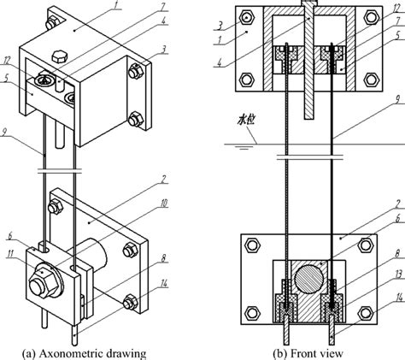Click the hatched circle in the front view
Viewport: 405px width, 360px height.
click(311, 281)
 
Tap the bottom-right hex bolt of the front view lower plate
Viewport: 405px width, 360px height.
click(373, 309)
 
